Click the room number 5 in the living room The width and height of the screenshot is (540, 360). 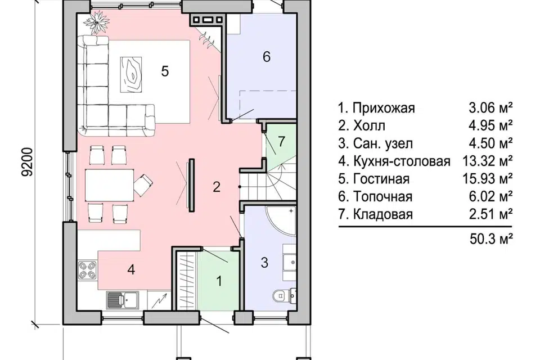(x=165, y=71)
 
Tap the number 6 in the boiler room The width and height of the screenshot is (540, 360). (x=267, y=56)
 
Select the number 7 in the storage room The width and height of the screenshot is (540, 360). (x=281, y=141)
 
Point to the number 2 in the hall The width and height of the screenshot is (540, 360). (x=217, y=187)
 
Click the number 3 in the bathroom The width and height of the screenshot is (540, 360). (x=264, y=263)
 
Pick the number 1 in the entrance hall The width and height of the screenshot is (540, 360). (x=219, y=281)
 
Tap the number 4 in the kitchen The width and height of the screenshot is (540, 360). (x=131, y=269)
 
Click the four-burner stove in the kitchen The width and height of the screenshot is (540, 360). (x=88, y=270)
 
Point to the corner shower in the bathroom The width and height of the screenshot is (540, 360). (x=281, y=220)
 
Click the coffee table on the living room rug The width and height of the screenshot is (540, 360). (x=131, y=75)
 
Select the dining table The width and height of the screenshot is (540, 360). (x=110, y=184)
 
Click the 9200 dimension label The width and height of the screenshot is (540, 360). (x=27, y=162)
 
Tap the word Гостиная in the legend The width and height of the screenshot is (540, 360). (x=381, y=179)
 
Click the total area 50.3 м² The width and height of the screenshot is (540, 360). (x=491, y=238)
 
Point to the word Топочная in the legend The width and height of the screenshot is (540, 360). (x=382, y=196)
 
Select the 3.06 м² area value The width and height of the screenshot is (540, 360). (x=490, y=108)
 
